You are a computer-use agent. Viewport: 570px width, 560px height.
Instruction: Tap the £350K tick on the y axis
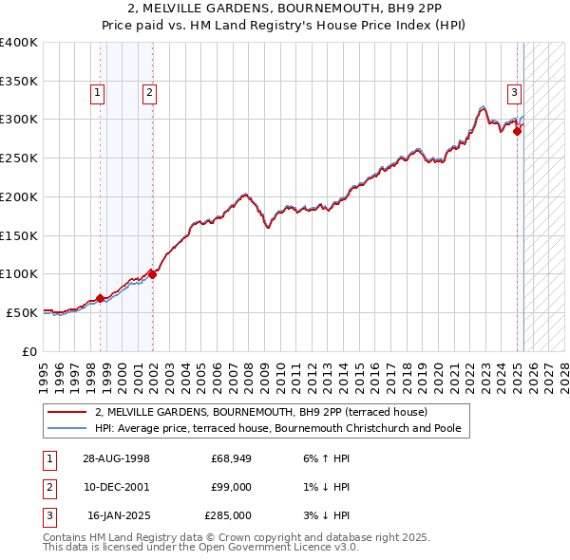(19, 81)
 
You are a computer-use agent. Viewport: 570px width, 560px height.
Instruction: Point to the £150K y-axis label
(19, 234)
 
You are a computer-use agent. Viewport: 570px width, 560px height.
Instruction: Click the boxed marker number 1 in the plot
(99, 92)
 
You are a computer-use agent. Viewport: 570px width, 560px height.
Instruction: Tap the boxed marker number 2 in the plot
(150, 92)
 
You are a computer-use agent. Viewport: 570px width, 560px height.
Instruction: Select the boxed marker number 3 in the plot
(514, 92)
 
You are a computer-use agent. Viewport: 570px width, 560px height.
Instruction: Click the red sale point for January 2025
(518, 131)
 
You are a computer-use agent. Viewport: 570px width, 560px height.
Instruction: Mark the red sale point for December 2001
(153, 274)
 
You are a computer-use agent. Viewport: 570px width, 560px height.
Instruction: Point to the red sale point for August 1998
(100, 298)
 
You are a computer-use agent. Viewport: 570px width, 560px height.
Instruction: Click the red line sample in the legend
(66, 412)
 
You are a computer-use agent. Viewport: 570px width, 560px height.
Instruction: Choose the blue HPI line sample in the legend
(66, 428)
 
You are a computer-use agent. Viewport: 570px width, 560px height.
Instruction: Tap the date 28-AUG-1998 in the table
(117, 458)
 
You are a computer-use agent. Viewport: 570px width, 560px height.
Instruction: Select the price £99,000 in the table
(231, 487)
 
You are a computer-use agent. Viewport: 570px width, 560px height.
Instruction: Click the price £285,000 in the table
(228, 515)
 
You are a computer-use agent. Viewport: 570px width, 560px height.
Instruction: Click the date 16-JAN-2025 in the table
(118, 515)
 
